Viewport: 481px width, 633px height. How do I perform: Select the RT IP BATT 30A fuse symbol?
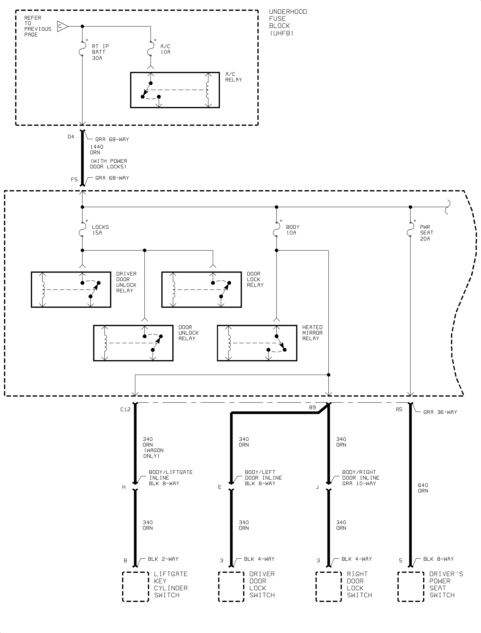click(x=82, y=48)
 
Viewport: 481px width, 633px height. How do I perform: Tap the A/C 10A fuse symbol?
click(x=151, y=48)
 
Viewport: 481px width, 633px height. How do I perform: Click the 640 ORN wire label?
click(x=423, y=488)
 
